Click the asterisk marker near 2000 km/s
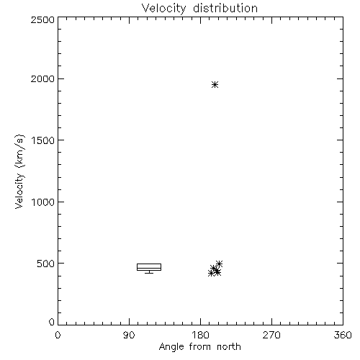click(215, 84)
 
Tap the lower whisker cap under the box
click(149, 273)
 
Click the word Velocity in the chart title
click(164, 9)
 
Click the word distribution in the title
click(225, 8)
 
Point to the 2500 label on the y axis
click(42, 19)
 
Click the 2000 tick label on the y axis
click(42, 78)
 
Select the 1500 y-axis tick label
click(43, 140)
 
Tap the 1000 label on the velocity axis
click(43, 202)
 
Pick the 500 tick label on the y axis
click(46, 264)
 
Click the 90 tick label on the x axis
click(129, 335)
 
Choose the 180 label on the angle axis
click(200, 335)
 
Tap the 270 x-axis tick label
click(271, 335)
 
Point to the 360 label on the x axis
click(343, 335)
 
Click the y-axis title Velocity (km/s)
click(19, 171)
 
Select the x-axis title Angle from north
click(199, 347)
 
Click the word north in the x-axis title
click(229, 346)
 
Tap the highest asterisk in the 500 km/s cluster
click(219, 264)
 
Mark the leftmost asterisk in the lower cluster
click(211, 273)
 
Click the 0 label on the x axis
click(58, 335)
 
